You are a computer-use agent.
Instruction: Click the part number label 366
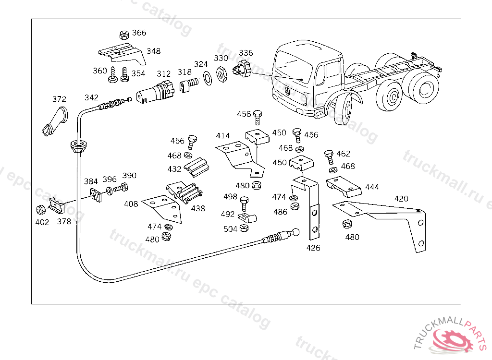point(139,33)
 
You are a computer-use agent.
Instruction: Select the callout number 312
point(163,74)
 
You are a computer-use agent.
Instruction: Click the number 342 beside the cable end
point(91,97)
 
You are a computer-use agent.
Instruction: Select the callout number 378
point(64,221)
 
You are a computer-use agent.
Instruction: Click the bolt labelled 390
point(123,188)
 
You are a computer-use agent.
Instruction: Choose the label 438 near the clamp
point(198,208)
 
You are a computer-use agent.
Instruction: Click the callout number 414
point(223,136)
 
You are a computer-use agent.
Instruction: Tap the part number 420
point(401,198)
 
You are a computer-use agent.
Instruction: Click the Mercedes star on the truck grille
point(287,91)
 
